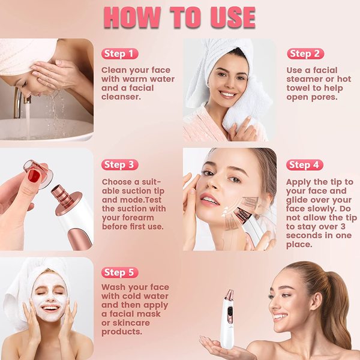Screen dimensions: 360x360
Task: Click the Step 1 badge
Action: tap(119, 54)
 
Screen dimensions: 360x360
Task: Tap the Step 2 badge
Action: tap(305, 54)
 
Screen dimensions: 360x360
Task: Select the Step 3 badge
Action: tap(119, 164)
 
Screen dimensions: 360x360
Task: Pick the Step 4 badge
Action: tap(305, 165)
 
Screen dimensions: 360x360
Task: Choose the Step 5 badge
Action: tap(119, 272)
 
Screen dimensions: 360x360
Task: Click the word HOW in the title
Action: tap(132, 17)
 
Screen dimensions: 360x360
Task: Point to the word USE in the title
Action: tap(233, 17)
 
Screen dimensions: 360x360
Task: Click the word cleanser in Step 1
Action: tap(121, 97)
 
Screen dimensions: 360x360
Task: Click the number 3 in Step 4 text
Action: tap(343, 226)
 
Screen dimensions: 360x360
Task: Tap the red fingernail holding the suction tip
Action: tap(34, 176)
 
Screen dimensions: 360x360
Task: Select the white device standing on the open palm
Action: tap(227, 319)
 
